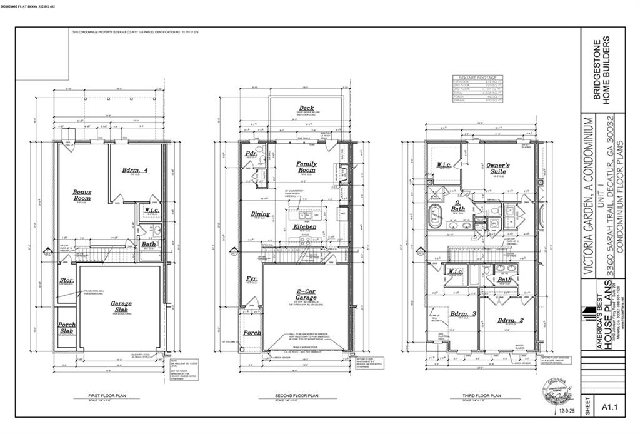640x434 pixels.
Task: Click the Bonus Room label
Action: [x=81, y=195]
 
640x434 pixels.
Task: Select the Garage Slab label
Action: [x=121, y=306]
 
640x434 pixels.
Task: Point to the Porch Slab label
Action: [x=66, y=328]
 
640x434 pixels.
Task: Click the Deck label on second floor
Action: [x=306, y=108]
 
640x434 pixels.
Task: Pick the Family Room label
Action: [x=306, y=166]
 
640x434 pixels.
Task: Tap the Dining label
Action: [x=261, y=214]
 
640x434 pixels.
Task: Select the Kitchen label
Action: [x=304, y=226]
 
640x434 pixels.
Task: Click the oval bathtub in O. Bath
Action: [x=436, y=216]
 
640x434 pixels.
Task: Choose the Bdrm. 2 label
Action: [x=510, y=321]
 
